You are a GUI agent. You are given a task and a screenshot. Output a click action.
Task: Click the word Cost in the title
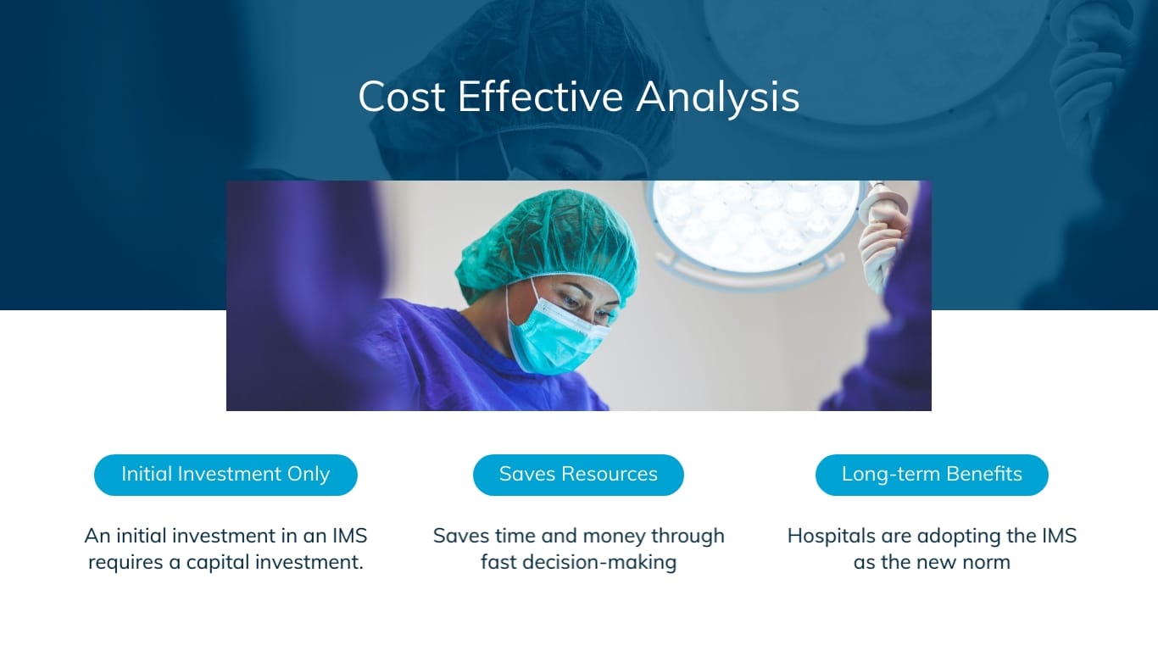[x=402, y=97]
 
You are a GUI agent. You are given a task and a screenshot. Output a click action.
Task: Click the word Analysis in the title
[x=717, y=97]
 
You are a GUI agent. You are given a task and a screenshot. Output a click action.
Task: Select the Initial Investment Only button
[x=225, y=475]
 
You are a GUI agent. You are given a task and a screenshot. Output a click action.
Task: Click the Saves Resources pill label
[x=578, y=475]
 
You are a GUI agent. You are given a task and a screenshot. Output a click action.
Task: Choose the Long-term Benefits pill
[x=932, y=475]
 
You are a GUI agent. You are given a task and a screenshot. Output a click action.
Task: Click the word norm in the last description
[x=988, y=563]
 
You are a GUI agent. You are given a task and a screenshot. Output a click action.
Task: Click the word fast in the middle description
[x=498, y=563]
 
